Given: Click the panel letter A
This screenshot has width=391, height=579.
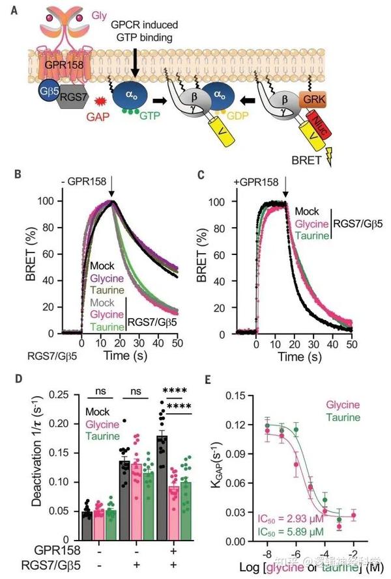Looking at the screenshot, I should coord(14,10).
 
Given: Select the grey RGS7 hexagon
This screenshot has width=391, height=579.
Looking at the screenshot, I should coord(73,99).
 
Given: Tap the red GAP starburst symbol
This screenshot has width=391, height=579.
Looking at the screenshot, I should coord(101,102).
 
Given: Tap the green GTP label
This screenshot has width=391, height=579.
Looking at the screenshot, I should coord(150,113).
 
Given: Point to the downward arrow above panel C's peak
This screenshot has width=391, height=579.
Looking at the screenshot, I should coord(287,189).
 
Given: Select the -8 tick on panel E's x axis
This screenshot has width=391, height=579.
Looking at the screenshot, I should coord(267,552).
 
